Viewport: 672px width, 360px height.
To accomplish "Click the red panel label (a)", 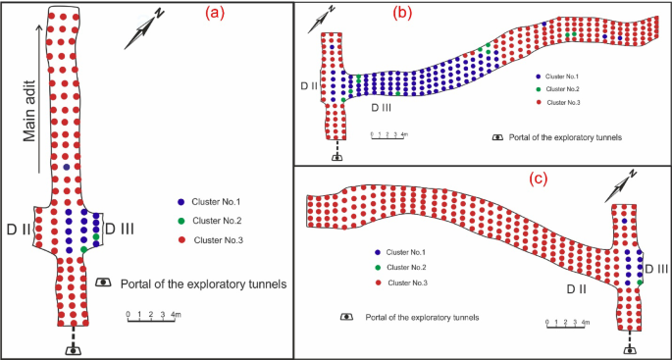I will point(217,13).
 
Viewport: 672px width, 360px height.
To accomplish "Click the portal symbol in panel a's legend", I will point(103,284).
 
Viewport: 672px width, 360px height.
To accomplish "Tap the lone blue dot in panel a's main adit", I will point(67,168).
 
